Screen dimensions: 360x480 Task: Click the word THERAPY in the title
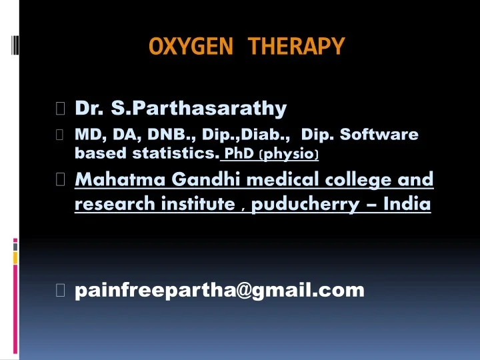[297, 47]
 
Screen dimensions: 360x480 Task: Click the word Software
[379, 135]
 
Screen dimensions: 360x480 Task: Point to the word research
[110, 204]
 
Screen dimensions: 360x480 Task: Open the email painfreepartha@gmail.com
[219, 290]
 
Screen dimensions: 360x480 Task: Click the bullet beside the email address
[61, 290]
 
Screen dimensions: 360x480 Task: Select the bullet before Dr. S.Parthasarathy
[61, 108]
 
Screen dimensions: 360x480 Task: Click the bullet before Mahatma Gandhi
[61, 180]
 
